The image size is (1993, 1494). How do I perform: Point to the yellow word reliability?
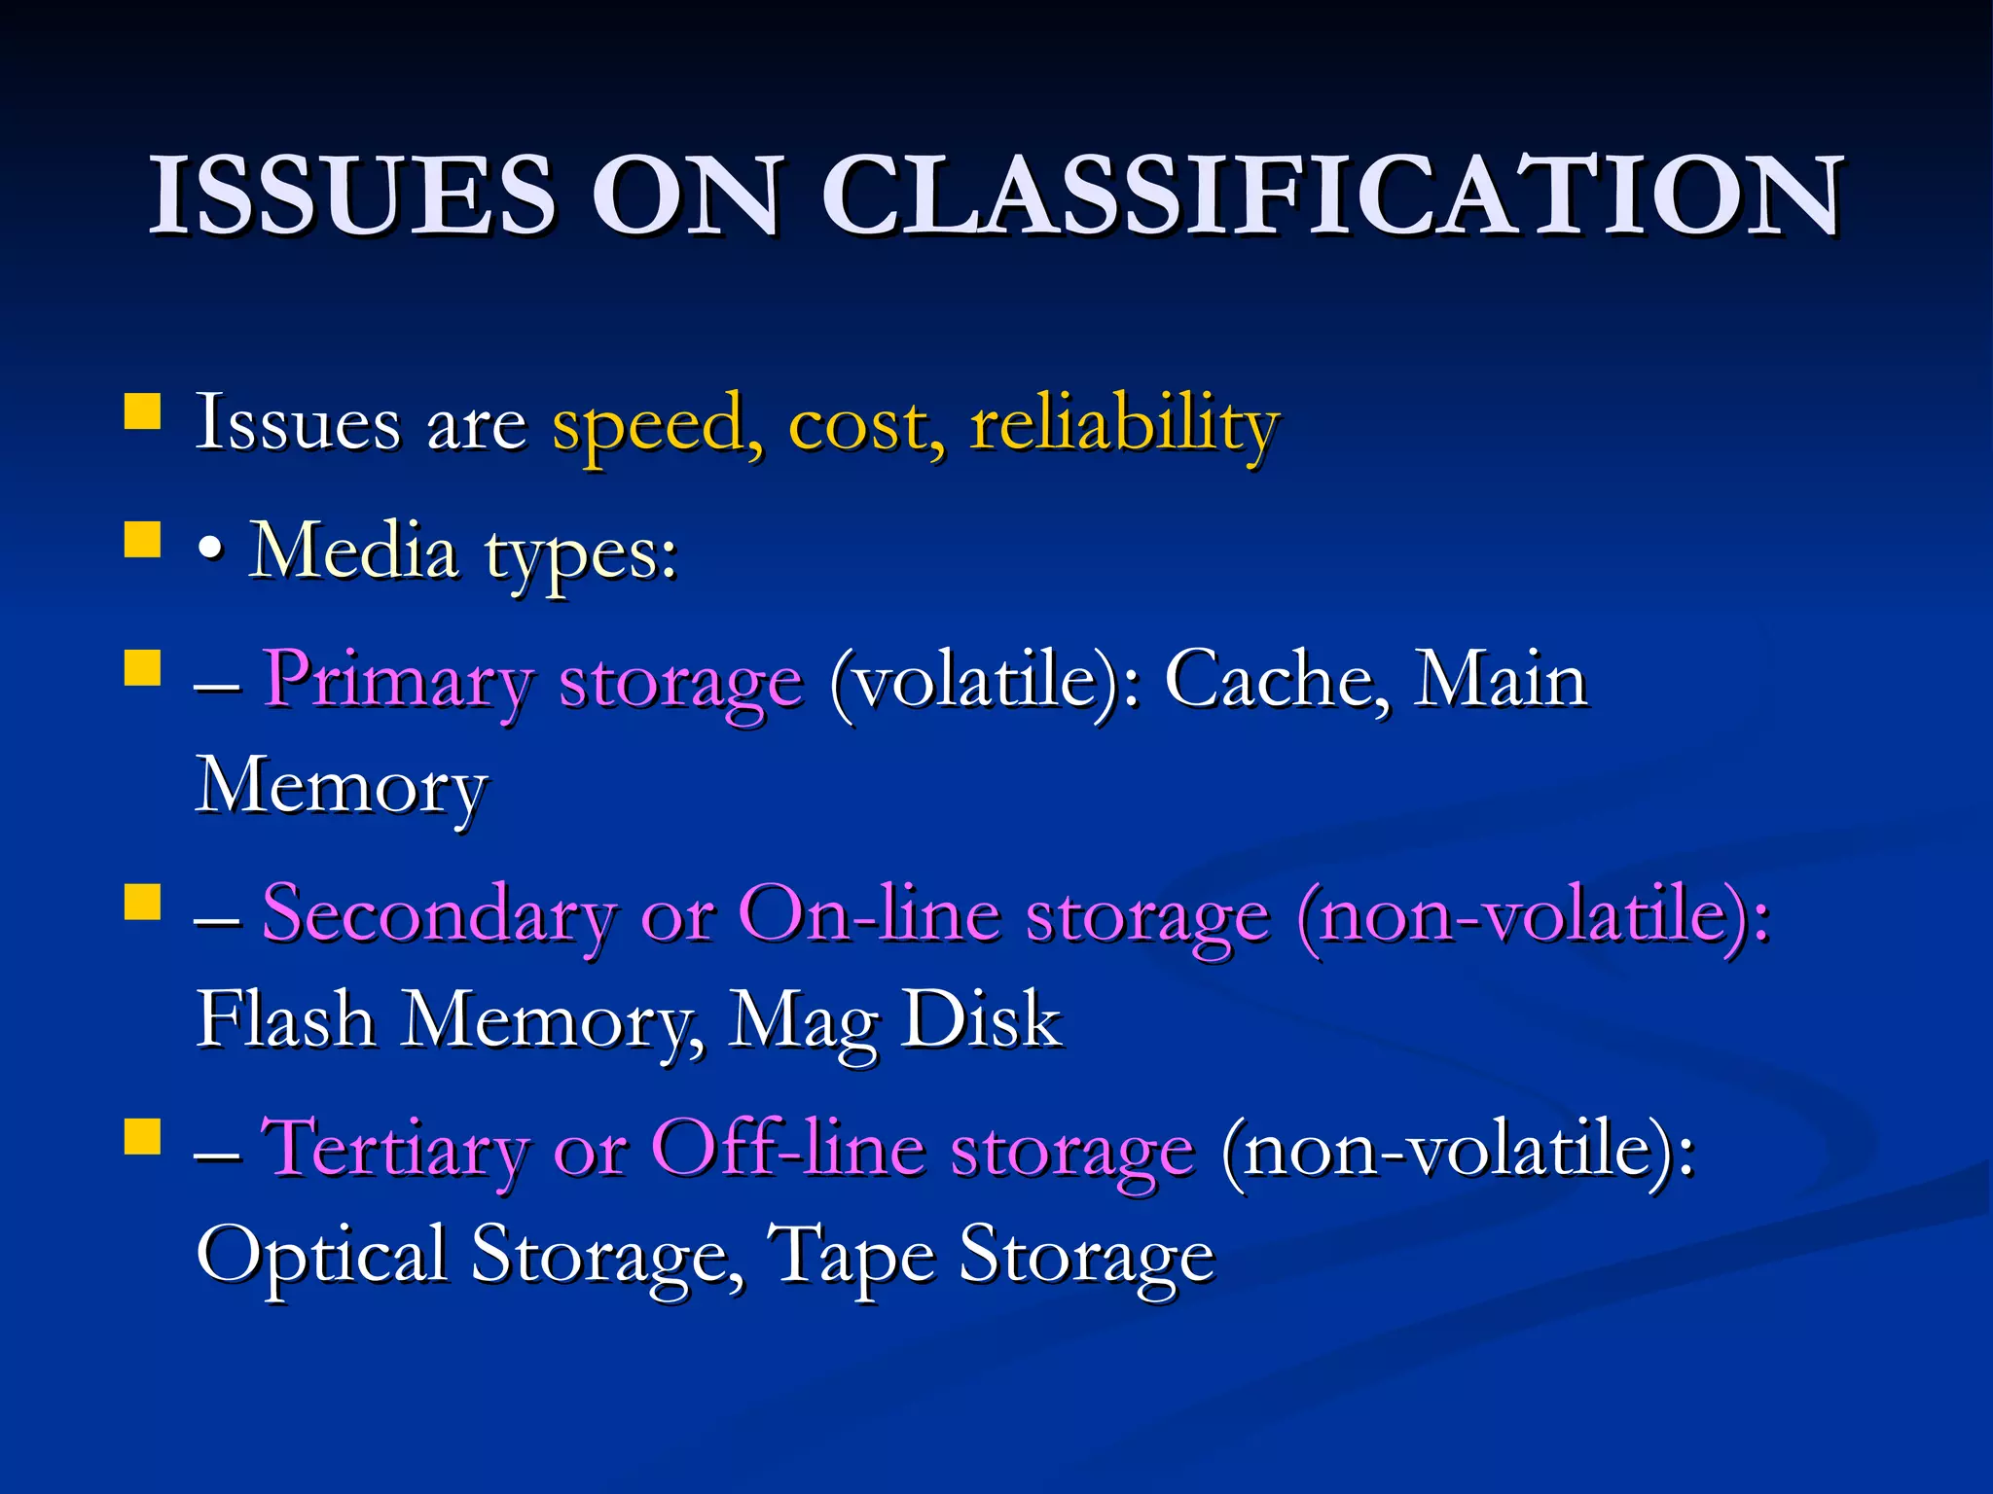point(1124,425)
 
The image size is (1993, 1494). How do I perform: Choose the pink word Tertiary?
point(395,1150)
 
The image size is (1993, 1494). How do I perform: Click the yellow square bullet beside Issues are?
point(143,410)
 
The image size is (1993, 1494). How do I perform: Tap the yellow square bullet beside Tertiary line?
point(143,1135)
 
